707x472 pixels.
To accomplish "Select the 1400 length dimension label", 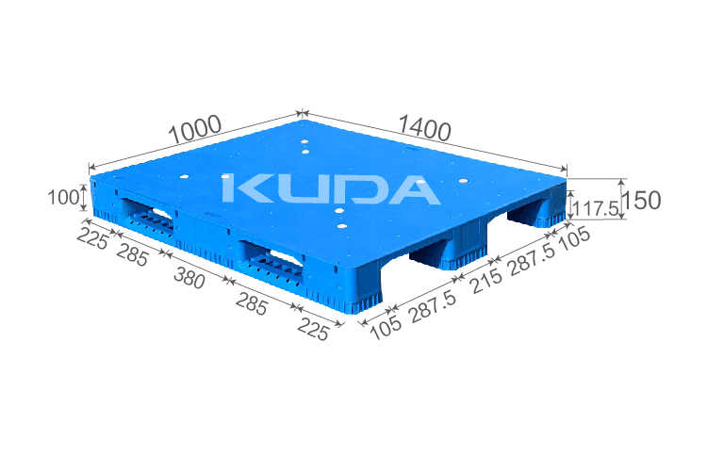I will tap(424, 127).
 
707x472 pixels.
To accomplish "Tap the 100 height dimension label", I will tap(62, 197).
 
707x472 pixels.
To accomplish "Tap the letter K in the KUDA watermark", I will tap(245, 188).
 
